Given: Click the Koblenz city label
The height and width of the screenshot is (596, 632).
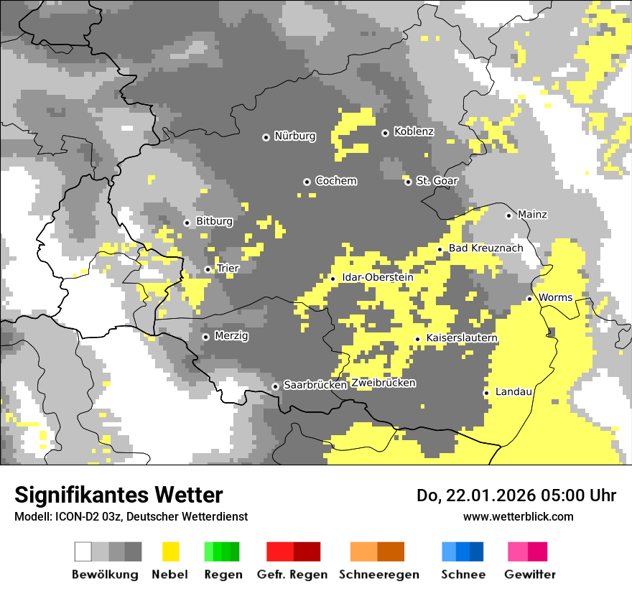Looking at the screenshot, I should (414, 132).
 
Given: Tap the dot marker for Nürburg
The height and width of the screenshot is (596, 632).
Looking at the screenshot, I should (266, 136).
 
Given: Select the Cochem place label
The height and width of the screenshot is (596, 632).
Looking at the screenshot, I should (335, 181).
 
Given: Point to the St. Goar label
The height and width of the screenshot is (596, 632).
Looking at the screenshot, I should (437, 181).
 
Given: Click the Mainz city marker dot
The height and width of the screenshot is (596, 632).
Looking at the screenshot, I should (508, 215).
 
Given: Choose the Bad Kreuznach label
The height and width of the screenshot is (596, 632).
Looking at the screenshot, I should (486, 248).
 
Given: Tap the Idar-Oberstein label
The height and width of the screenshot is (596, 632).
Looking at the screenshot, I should (377, 277).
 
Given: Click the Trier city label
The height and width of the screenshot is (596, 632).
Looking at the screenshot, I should (228, 269).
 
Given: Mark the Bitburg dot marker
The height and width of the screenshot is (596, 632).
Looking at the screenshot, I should (187, 223).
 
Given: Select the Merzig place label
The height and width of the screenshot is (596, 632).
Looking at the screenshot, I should (231, 336).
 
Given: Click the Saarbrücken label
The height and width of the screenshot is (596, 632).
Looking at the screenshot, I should (315, 385).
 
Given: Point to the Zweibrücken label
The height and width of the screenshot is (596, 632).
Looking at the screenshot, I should (383, 383).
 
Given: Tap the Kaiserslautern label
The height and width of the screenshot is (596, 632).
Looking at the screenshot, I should (462, 338).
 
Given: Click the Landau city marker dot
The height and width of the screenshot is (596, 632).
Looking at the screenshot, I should (486, 393).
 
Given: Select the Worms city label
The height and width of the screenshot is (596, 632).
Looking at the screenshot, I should (555, 298).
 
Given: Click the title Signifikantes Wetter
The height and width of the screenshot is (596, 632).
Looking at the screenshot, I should (118, 495).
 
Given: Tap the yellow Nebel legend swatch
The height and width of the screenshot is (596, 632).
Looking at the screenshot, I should (170, 551).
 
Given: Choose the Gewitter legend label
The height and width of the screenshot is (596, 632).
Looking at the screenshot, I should (529, 574).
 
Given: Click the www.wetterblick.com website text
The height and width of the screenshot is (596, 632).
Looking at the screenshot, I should (518, 516).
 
